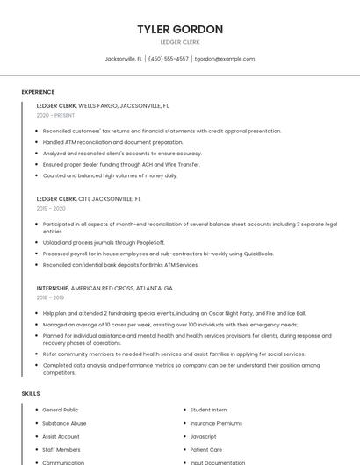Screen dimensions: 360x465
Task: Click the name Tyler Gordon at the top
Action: pos(180,29)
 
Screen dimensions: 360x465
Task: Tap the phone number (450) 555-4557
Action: pos(168,59)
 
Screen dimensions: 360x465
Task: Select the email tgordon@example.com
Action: pos(224,59)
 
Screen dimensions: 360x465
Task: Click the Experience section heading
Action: pos(38,92)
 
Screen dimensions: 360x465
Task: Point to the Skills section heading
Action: pos(31,394)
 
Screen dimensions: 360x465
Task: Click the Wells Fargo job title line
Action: pos(102,105)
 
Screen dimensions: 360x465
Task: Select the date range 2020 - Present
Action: pos(55,115)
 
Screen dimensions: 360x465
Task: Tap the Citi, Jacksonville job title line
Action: pos(88,199)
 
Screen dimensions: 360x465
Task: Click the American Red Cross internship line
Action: pos(104,288)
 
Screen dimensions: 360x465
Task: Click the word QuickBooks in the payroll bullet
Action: pos(256,254)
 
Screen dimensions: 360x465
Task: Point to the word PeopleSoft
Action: pos(147,242)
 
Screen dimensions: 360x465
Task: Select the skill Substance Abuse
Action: pos(64,423)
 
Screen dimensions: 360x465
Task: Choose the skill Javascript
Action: pos(203,436)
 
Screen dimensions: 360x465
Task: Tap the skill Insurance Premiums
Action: pos(216,423)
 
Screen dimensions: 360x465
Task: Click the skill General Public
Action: pos(60,410)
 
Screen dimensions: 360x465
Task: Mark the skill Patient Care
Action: pos(206,449)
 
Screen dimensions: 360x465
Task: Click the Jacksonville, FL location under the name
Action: pos(123,59)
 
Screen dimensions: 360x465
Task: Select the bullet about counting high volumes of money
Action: pos(110,175)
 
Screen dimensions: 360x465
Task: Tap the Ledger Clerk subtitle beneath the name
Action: pos(180,42)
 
